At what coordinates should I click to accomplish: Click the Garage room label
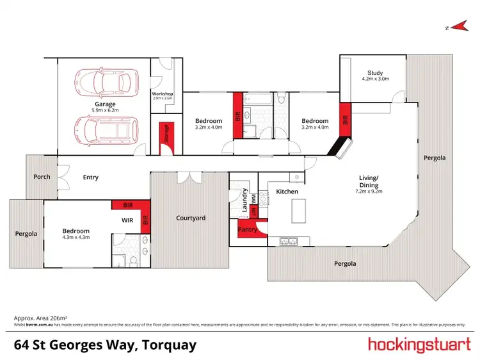tap(106, 104)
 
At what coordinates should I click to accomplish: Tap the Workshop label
tap(163, 94)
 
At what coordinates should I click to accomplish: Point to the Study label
tap(375, 72)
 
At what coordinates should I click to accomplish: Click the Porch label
tap(42, 177)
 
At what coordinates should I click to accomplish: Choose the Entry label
tap(90, 177)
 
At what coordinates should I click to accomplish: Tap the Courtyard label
tap(191, 218)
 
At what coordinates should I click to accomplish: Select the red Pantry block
tap(248, 229)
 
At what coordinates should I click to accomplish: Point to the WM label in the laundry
tap(253, 197)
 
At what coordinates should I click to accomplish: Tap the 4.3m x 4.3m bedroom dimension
tap(76, 238)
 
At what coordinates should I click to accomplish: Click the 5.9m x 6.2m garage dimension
tap(106, 110)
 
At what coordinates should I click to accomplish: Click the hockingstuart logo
tap(419, 345)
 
